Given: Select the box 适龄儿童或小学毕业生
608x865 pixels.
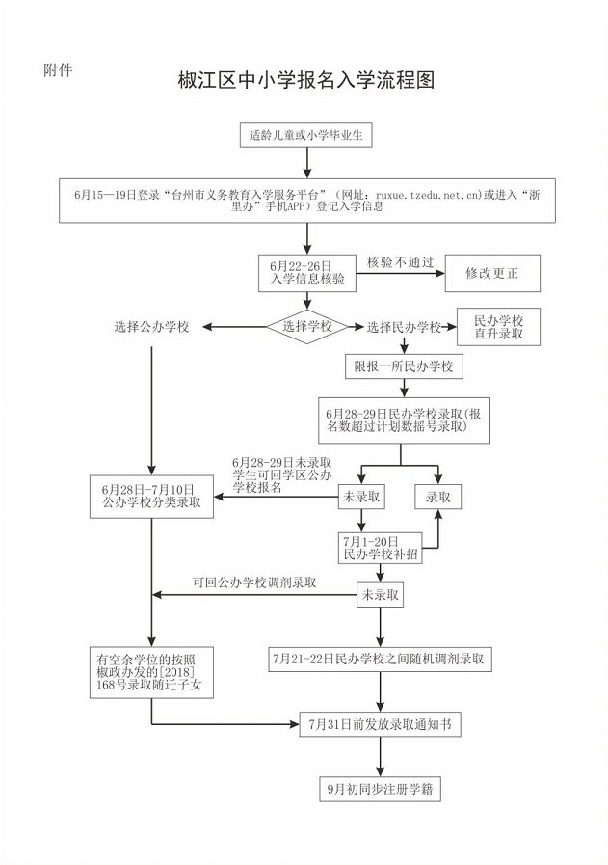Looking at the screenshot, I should [305, 136].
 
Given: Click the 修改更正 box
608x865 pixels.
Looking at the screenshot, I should [491, 273].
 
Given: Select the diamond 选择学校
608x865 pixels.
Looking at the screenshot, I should [306, 327].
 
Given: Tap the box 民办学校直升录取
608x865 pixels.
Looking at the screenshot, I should [498, 326].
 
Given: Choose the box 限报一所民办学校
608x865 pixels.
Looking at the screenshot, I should [404, 367].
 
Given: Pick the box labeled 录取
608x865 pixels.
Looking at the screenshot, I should [438, 497].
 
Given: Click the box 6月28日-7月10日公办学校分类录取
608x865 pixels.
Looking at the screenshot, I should [151, 497].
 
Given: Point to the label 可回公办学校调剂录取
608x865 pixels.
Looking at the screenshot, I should [255, 582].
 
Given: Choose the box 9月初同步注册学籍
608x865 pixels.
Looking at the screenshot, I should [381, 788].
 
